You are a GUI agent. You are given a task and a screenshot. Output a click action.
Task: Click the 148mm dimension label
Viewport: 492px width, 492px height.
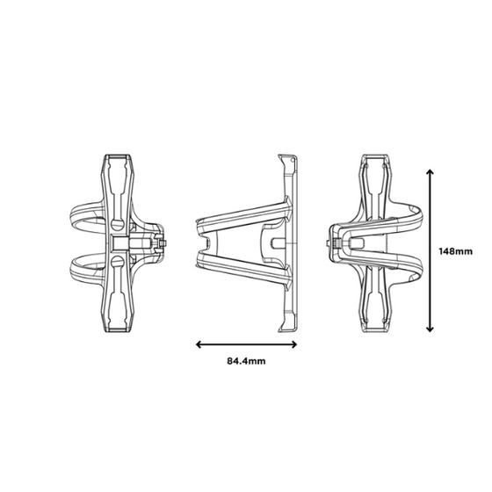click(x=457, y=250)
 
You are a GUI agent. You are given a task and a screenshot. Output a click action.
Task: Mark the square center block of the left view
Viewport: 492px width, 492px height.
click(x=119, y=242)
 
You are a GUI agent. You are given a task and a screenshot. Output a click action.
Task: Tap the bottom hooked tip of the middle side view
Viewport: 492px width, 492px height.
click(x=282, y=331)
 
